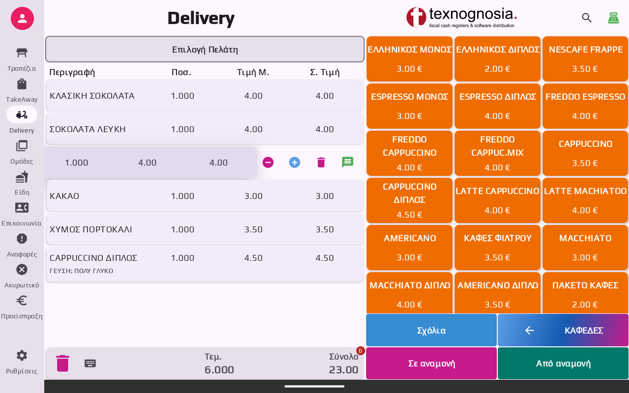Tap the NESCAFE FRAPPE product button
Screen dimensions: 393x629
coord(585,58)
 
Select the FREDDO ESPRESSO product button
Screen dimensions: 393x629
coord(585,106)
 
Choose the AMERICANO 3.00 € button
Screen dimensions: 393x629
coord(409,247)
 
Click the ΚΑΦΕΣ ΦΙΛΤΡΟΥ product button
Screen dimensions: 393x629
coord(497,247)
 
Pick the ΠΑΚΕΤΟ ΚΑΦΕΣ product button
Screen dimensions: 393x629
coord(585,293)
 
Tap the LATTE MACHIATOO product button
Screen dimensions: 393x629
coord(585,200)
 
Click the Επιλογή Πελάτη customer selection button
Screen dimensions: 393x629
coord(205,49)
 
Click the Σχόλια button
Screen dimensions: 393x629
coord(431,330)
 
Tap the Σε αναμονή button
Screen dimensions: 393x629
coord(431,364)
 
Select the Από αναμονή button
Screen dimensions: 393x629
coord(563,364)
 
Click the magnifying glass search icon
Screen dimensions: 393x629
coord(587,18)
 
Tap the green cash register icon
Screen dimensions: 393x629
coord(613,18)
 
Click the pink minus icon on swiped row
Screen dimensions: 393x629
coord(268,163)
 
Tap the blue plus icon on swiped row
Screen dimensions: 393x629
coord(294,163)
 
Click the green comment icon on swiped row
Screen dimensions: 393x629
coord(347,163)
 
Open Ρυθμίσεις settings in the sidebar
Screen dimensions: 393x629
coord(22,361)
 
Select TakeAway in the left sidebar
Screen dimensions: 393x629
coord(22,90)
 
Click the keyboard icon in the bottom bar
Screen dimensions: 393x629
coord(90,364)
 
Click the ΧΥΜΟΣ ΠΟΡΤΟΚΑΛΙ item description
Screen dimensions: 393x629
coord(91,229)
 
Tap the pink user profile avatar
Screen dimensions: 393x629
coord(22,19)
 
